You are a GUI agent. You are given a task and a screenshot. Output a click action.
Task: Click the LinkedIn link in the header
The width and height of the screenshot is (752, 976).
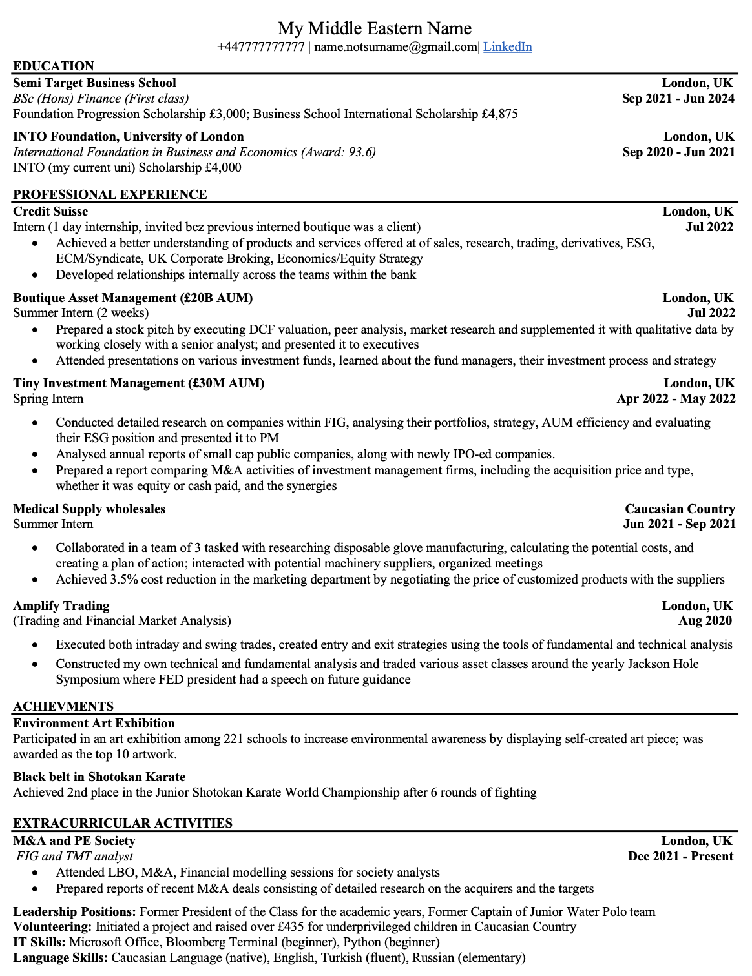507,46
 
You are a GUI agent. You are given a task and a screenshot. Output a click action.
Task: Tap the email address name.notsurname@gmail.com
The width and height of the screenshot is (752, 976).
395,46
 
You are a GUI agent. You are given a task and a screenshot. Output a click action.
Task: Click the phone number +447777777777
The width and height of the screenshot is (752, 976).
260,46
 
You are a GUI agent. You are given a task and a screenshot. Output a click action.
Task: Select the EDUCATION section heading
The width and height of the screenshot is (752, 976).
54,66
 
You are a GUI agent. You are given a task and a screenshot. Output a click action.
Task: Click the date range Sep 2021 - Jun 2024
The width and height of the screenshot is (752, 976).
678,98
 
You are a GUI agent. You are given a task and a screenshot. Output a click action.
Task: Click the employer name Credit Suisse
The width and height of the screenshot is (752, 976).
50,211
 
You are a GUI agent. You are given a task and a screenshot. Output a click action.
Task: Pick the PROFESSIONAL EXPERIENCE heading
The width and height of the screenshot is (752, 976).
110,194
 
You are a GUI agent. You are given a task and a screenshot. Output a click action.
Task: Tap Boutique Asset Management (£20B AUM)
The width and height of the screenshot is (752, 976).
132,298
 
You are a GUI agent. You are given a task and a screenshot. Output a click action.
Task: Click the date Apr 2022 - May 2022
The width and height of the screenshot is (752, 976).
676,398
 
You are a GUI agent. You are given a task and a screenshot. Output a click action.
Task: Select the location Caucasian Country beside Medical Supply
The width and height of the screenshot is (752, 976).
680,509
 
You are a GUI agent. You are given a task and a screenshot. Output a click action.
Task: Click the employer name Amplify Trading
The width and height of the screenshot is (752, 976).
61,605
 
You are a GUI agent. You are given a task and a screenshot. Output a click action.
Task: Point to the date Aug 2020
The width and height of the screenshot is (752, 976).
705,620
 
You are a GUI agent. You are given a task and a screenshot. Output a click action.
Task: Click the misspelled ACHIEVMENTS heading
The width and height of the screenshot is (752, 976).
63,706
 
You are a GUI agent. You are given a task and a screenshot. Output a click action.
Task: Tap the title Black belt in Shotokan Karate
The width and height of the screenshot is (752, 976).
99,777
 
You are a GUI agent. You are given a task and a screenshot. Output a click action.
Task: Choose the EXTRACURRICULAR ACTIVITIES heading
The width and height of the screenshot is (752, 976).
123,823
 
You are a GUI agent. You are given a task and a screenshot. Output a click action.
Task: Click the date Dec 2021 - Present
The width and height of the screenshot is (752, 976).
680,856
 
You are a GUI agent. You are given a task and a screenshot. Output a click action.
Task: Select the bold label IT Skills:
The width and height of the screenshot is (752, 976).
39,942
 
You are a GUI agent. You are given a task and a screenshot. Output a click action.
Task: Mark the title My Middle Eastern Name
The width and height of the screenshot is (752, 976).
375,28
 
